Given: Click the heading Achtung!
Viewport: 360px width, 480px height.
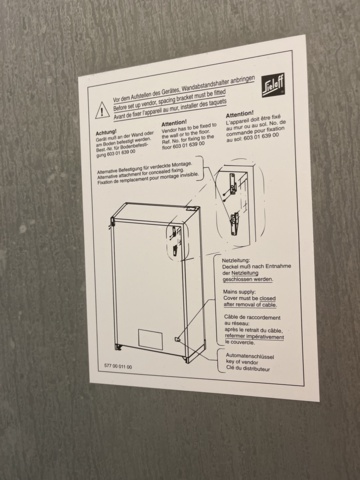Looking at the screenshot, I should [x=107, y=134].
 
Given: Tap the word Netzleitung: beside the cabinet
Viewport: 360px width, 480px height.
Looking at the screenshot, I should [x=240, y=257].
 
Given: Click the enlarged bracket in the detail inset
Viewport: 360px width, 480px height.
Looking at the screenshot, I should [x=235, y=190].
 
